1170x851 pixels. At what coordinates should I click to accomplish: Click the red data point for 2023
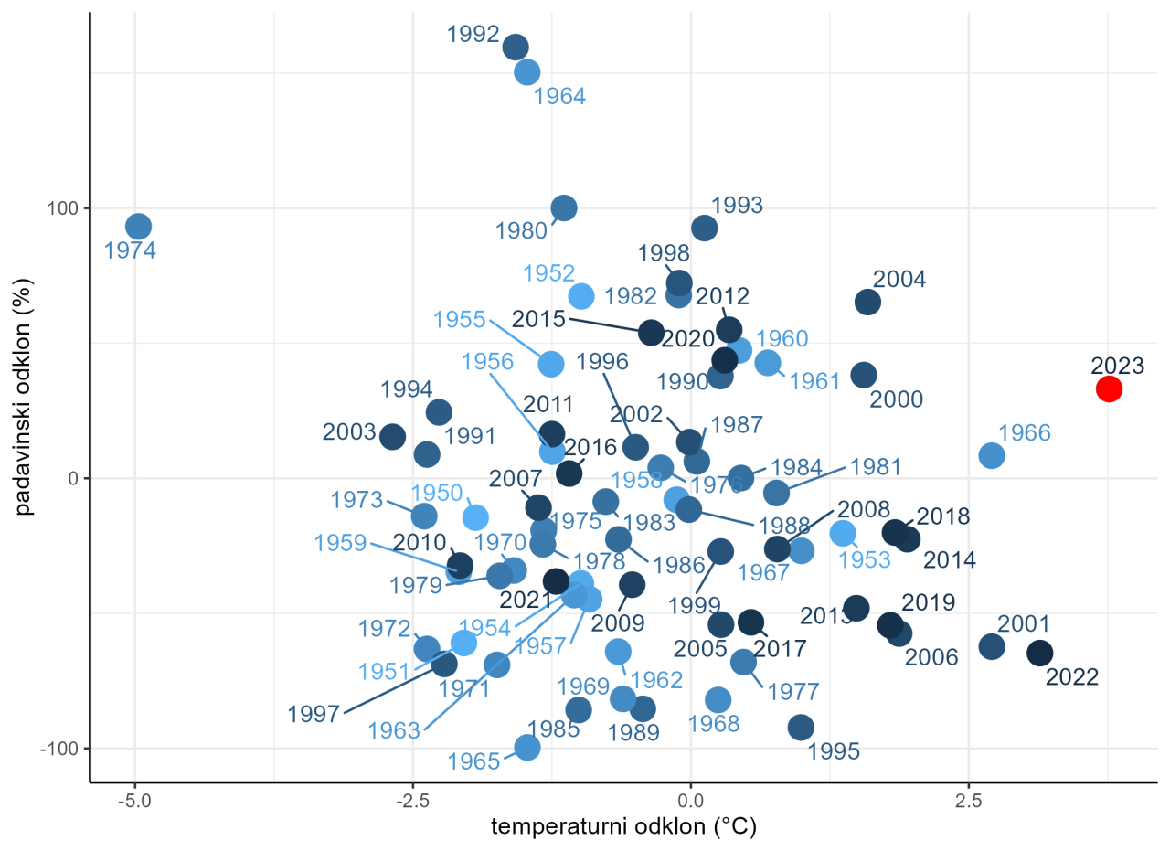click(1108, 388)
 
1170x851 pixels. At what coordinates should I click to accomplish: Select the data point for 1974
click(138, 227)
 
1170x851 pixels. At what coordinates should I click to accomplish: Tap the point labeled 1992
click(516, 48)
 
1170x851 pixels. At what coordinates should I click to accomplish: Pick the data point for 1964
click(527, 72)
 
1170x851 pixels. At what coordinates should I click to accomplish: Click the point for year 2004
click(867, 303)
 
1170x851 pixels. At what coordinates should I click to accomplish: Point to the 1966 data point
click(992, 455)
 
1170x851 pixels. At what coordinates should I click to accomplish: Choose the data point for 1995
click(801, 728)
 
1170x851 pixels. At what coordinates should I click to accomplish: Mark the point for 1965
click(527, 748)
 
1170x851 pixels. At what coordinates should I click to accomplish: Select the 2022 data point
click(1039, 653)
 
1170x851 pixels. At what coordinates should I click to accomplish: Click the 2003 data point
click(392, 437)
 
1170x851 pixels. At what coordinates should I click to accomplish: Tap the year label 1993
click(736, 205)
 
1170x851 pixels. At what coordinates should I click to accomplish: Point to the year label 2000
click(896, 399)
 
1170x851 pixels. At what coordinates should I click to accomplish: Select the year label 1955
click(459, 319)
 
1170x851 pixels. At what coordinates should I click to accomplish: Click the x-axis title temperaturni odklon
click(624, 828)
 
